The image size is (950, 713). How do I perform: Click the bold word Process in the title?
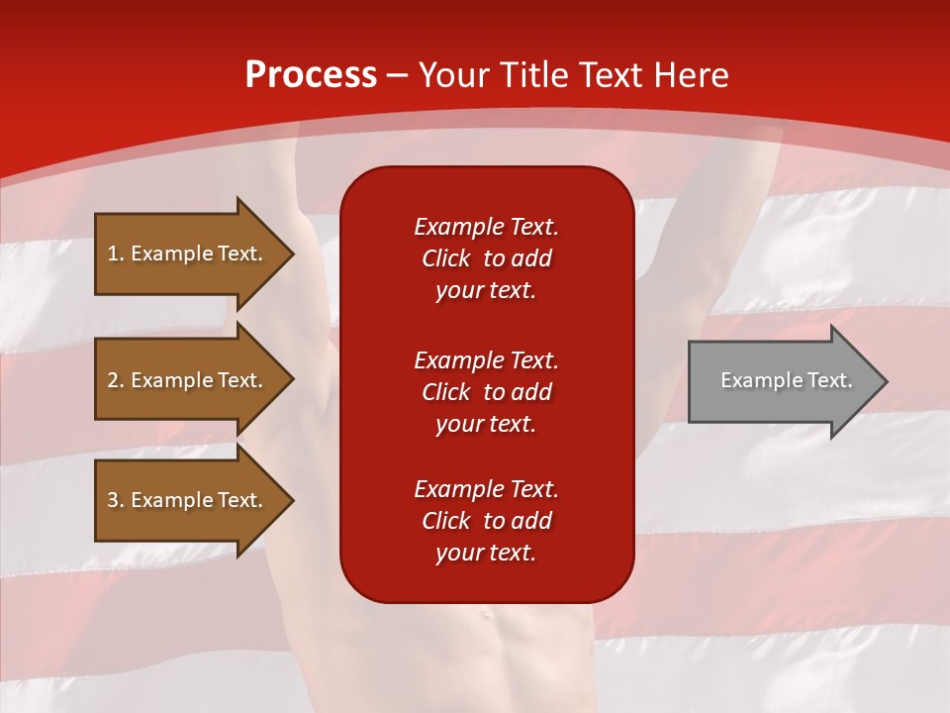tap(311, 75)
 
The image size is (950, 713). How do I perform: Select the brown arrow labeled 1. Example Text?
tap(188, 254)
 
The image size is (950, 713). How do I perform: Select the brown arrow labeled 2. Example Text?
tap(188, 380)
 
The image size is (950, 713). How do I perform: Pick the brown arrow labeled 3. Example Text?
tap(188, 500)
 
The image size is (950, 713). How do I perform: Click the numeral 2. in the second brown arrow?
tap(114, 380)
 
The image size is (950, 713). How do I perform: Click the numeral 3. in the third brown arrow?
tap(114, 500)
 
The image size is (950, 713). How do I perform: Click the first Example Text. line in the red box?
tap(486, 227)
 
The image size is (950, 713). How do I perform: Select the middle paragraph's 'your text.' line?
tap(486, 424)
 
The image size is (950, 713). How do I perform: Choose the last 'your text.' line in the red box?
tap(486, 554)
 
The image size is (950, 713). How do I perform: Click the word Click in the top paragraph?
tap(446, 258)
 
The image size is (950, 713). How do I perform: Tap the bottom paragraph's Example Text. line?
tap(486, 489)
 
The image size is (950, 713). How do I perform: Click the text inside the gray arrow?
tap(786, 380)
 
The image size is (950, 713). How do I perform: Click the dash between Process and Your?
tap(398, 75)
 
